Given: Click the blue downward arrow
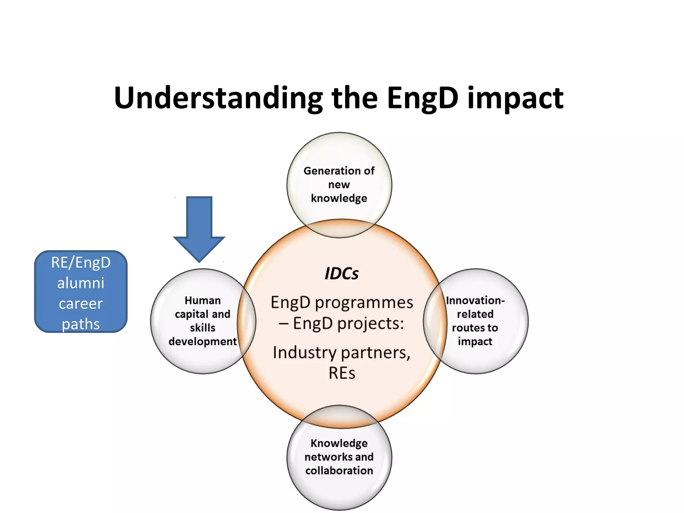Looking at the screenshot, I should click(x=199, y=227).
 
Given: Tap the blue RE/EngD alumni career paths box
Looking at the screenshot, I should click(x=81, y=292).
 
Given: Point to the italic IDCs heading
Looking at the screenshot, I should click(x=341, y=274).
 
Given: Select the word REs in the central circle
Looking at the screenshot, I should click(x=342, y=373).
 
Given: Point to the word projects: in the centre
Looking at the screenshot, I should click(x=370, y=324).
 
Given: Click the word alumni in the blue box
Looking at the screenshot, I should click(x=81, y=283).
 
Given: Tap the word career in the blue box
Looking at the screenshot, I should click(x=81, y=304).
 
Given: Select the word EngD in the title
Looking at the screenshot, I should click(x=422, y=98).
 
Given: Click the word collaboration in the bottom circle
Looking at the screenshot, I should click(x=339, y=471).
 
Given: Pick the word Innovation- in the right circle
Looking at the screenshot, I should click(x=475, y=300).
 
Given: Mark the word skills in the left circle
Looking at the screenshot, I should click(x=202, y=328).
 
